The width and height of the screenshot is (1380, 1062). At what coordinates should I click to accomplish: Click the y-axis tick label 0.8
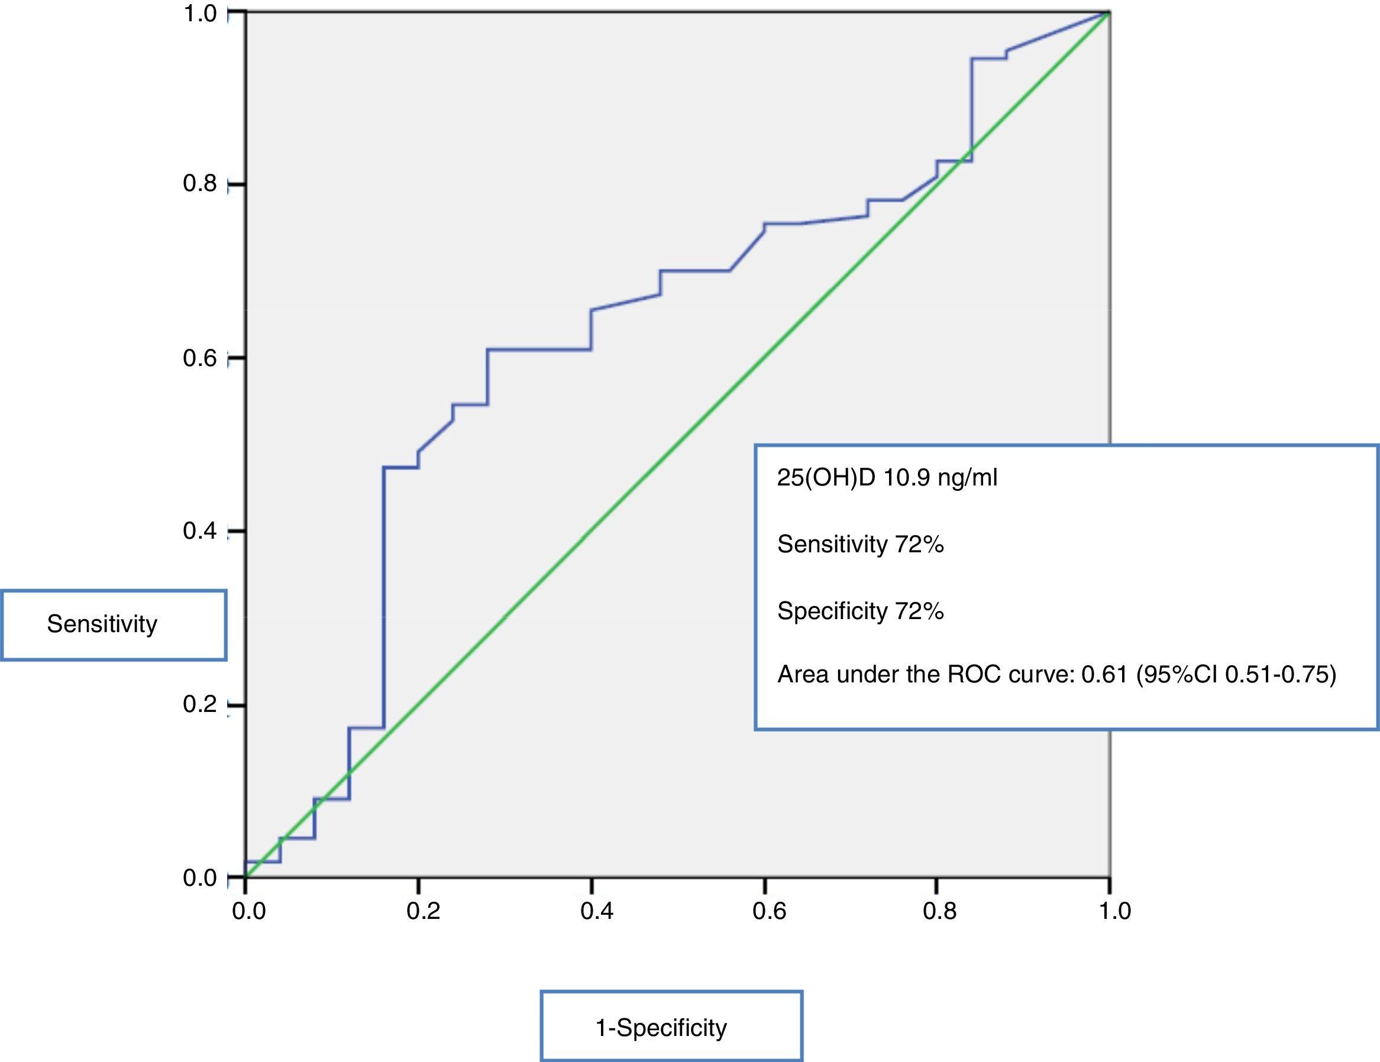pos(200,184)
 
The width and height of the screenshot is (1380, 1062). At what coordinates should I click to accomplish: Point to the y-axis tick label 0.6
pos(200,358)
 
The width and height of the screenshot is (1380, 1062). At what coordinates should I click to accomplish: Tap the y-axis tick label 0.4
pos(200,530)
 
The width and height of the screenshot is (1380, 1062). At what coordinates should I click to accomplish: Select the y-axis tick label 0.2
pos(200,704)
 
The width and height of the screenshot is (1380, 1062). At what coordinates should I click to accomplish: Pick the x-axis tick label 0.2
pos(423,912)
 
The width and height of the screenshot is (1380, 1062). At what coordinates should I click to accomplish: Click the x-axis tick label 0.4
pos(596,912)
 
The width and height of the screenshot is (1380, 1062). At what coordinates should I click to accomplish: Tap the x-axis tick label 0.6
pos(769,912)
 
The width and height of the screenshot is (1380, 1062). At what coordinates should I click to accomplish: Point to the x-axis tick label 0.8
pos(939,912)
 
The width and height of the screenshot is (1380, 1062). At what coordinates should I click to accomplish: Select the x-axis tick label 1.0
pos(1114,912)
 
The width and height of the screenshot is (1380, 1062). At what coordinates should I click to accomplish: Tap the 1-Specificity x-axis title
pos(661,1028)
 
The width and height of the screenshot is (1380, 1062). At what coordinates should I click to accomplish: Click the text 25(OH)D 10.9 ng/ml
pos(887,478)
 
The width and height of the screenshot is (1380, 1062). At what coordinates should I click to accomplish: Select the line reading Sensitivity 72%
pos(860,544)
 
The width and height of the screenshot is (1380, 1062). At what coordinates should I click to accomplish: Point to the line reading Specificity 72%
pos(860,611)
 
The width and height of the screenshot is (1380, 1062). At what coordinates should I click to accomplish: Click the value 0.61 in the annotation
pos(1104,675)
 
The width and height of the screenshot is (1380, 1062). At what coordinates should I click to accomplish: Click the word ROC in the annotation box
pos(974,675)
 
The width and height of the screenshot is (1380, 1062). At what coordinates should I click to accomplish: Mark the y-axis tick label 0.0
pos(200,878)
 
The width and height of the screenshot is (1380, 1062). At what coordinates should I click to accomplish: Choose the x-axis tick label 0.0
pos(249,912)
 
